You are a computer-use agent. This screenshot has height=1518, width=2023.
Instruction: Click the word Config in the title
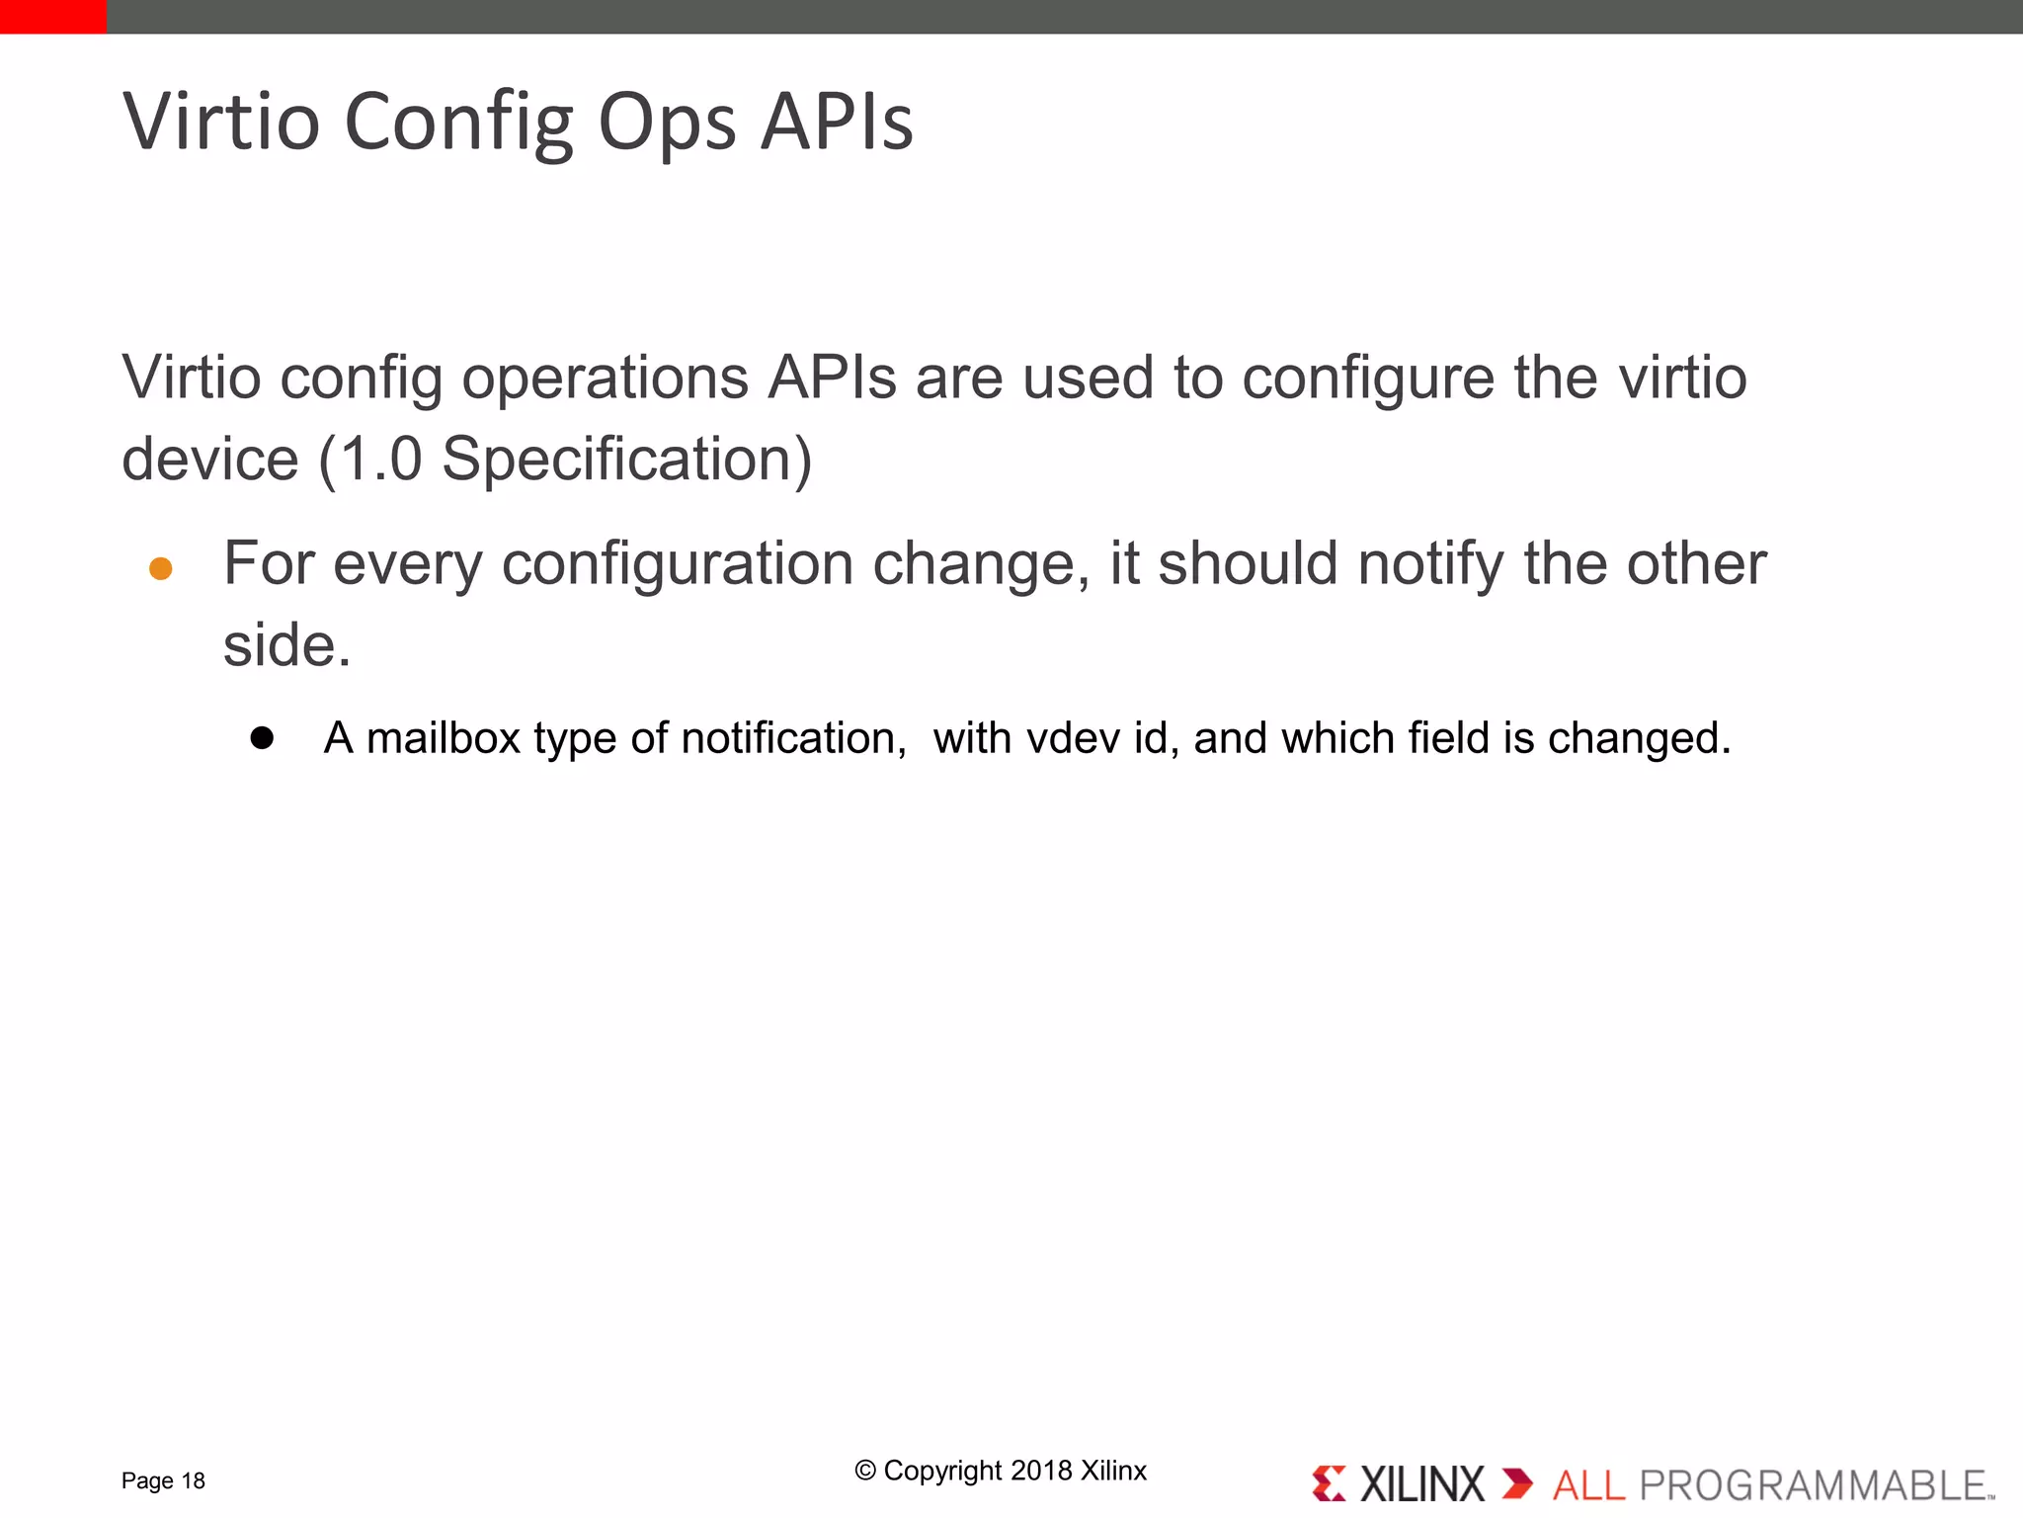458,123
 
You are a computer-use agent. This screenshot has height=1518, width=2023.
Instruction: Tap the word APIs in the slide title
837,123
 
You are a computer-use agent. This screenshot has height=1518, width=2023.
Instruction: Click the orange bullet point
161,568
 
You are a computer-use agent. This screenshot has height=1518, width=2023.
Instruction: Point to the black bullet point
262,738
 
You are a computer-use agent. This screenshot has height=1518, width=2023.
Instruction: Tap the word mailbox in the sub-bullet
443,738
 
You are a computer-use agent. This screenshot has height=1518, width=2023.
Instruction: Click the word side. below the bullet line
286,645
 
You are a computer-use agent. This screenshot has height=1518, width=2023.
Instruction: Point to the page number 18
194,1480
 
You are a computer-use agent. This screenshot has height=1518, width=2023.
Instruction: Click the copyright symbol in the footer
865,1471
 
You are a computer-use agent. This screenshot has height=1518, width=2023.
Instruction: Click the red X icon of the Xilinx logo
1329,1483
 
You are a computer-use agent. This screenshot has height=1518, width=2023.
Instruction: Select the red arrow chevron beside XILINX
1516,1483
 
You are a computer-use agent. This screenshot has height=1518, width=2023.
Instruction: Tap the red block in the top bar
52,16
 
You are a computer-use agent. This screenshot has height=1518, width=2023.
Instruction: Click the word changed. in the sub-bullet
1639,738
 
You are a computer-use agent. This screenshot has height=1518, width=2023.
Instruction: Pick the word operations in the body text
605,378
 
